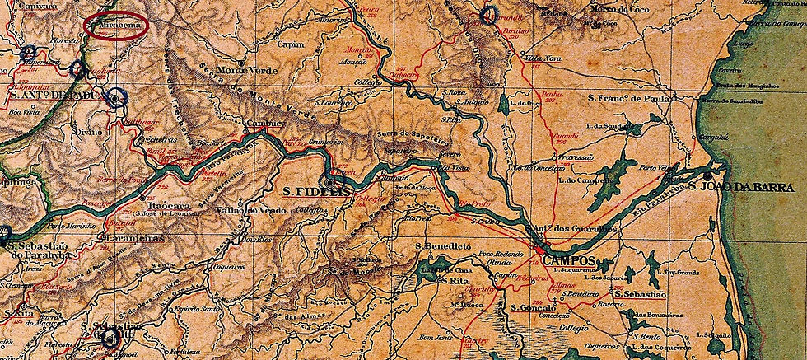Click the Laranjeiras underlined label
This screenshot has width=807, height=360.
tap(133, 239)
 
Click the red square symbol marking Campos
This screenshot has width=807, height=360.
tap(539, 251)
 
